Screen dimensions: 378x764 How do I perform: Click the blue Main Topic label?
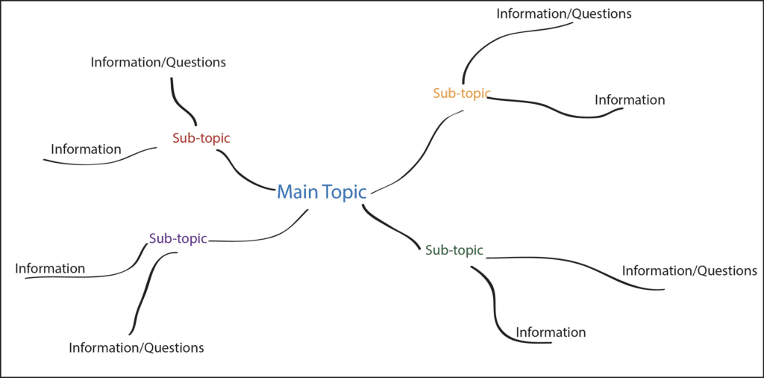point(322,192)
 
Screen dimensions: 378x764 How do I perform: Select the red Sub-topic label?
point(201,138)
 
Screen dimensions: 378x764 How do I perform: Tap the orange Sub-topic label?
point(461,93)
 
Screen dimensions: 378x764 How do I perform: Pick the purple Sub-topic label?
point(178,239)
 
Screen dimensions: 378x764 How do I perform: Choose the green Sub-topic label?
point(454,250)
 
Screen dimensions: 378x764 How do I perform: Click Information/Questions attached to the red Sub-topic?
point(158,63)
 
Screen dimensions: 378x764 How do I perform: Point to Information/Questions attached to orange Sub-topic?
point(564,13)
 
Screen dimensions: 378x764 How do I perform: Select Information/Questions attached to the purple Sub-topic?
point(136,347)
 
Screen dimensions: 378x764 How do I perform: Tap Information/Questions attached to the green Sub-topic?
point(689,270)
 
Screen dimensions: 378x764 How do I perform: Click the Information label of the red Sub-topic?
point(86,149)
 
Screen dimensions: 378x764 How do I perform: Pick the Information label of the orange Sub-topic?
point(629,100)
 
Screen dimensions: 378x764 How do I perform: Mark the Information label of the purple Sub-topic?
point(50,268)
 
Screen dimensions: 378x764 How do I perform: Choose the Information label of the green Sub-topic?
point(551,332)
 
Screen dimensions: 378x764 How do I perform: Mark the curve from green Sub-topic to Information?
point(494,299)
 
